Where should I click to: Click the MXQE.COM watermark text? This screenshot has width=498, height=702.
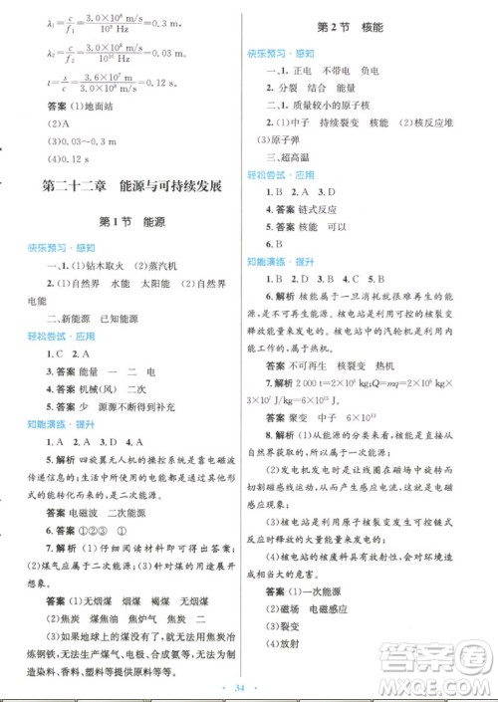click(x=439, y=668)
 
